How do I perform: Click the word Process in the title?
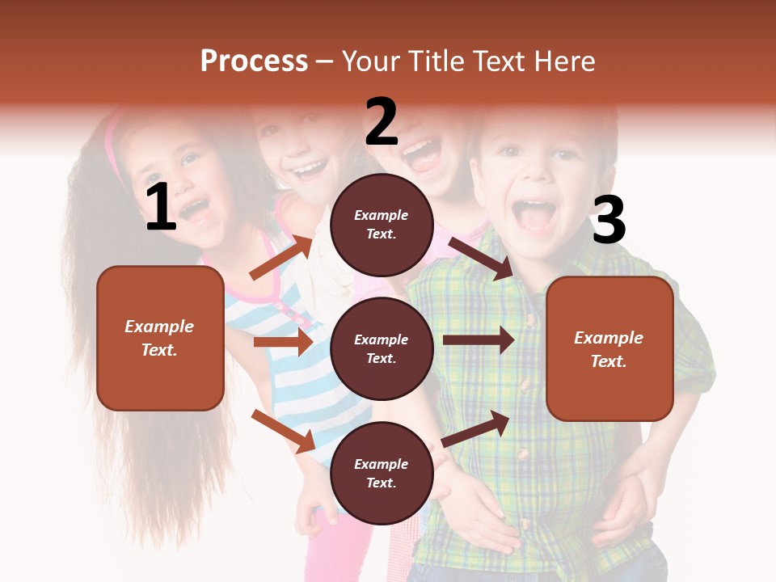pos(254,61)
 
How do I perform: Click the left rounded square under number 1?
pos(160,338)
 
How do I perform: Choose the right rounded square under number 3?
pos(609,348)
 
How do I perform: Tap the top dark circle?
pos(382,225)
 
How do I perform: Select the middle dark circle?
pos(382,348)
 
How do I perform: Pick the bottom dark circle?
pos(382,473)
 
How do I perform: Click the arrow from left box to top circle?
pos(282,256)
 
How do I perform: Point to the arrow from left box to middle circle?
pos(283,342)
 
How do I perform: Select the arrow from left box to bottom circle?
pos(284,431)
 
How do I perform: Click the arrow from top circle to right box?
pos(480,258)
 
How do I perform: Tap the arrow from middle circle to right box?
pos(478,339)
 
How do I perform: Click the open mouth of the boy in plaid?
pos(533,216)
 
